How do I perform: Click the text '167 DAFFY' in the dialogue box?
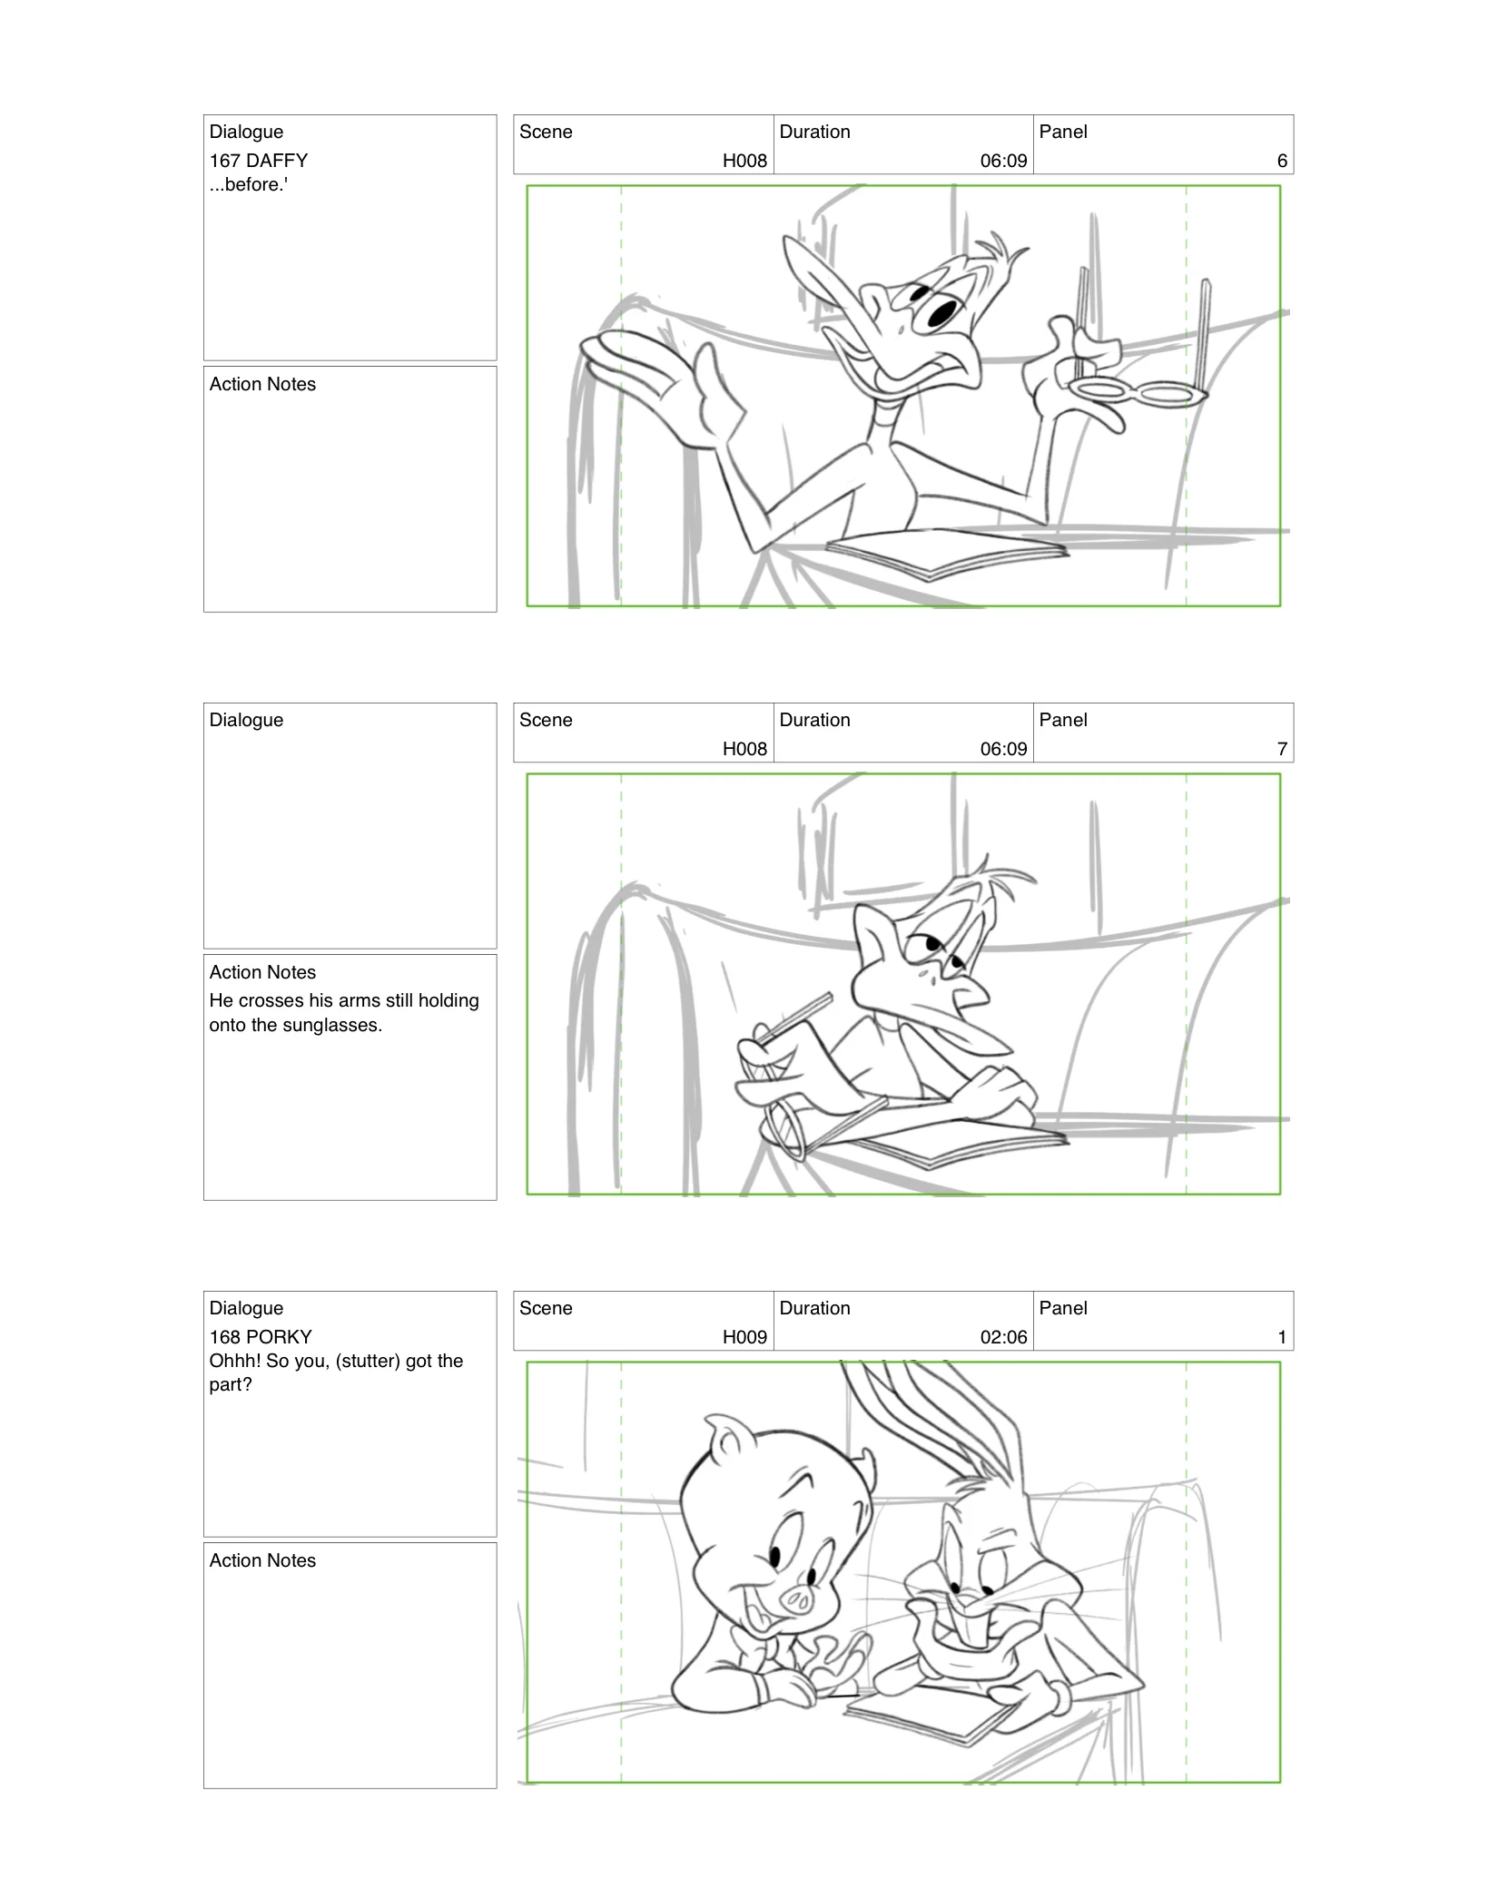point(259,161)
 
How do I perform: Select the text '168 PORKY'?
point(261,1337)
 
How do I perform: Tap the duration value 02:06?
point(1003,1337)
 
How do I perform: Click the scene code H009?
point(744,1337)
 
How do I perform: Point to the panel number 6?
point(1282,161)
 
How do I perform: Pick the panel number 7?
point(1282,749)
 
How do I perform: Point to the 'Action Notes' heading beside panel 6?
point(262,384)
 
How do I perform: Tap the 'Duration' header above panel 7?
point(814,720)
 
